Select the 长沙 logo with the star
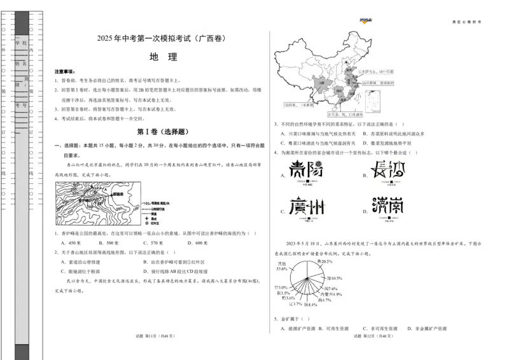point(387,172)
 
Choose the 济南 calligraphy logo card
point(387,209)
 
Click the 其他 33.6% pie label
point(281,266)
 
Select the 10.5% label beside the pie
point(335,279)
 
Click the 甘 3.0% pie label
point(280,287)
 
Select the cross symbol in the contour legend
point(147,218)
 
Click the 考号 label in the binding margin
point(22,105)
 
